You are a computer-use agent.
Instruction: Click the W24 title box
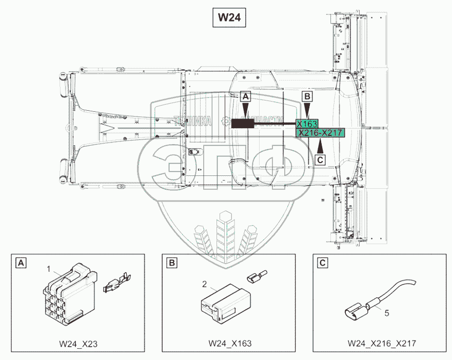click(229, 17)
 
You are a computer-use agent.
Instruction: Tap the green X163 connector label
click(307, 124)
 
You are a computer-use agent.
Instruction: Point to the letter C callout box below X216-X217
click(320, 160)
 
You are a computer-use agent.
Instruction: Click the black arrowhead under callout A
click(245, 109)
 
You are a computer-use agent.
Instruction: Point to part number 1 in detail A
click(49, 269)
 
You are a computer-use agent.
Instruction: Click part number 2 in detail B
click(204, 284)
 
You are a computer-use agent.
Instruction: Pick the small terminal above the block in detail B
click(256, 277)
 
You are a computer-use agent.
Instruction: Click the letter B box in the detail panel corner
click(172, 263)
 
